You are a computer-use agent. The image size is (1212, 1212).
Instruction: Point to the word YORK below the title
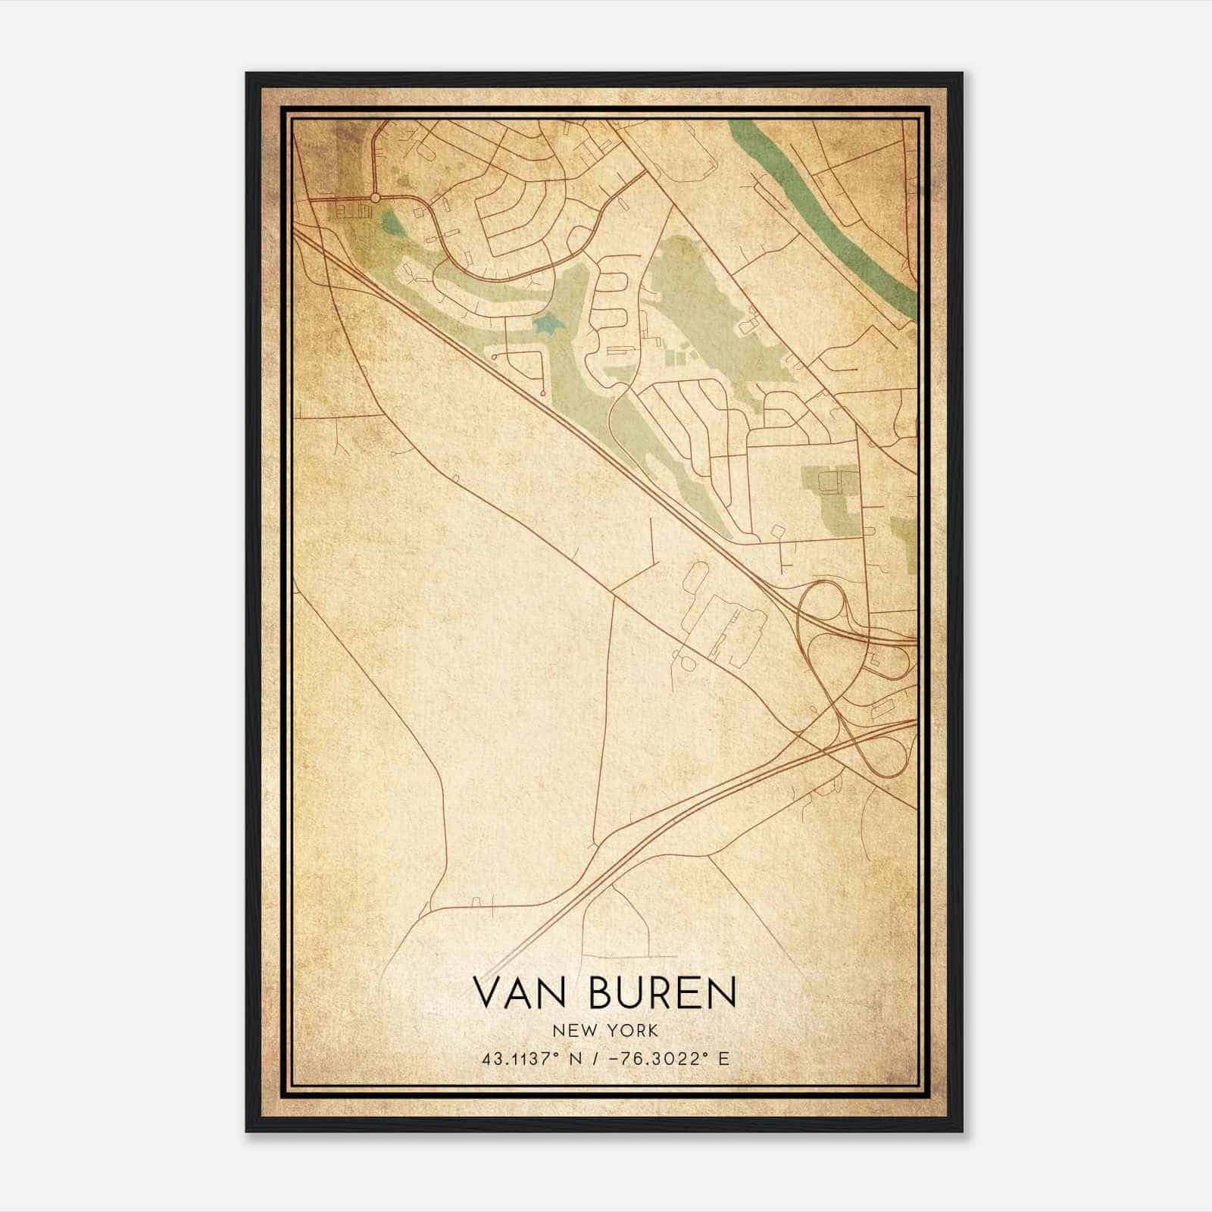click(633, 1030)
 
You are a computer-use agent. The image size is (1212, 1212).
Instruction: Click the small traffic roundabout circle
click(375, 198)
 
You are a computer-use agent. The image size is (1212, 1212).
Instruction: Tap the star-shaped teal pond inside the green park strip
click(545, 325)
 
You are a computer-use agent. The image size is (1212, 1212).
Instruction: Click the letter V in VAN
click(487, 992)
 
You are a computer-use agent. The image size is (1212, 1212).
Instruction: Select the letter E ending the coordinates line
click(724, 1058)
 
